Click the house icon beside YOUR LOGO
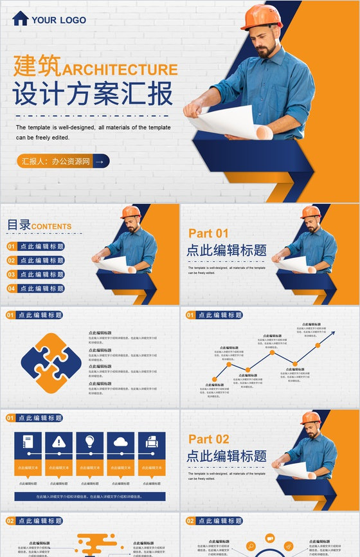coord(20,19)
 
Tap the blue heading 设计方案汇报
coord(93,95)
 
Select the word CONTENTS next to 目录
coord(51,226)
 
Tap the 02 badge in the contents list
coord(12,260)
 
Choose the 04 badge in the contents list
coord(12,289)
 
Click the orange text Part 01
coord(208,233)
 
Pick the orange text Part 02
coord(208,439)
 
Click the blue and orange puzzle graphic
coord(51,363)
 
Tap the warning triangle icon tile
coord(59,442)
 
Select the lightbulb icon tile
coord(90,442)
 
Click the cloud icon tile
coord(121,442)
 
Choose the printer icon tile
coord(152,442)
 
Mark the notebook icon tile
coord(28,442)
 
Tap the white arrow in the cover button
coord(99,161)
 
